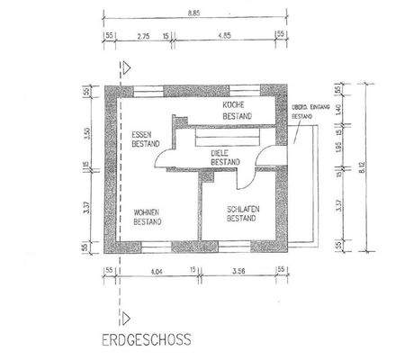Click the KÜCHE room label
click(x=235, y=105)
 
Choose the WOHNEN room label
click(x=147, y=212)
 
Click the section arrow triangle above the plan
click(x=130, y=66)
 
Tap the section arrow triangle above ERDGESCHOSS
click(x=130, y=317)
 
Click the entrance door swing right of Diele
click(x=261, y=158)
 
